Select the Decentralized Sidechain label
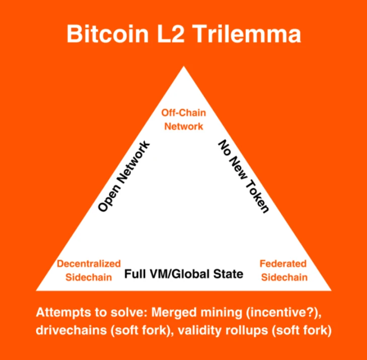coord(89,270)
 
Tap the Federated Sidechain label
coord(283,270)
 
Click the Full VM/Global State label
coord(184,274)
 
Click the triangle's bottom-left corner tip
coord(36,290)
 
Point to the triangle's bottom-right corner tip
coord(331,290)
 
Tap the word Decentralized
coord(89,263)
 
